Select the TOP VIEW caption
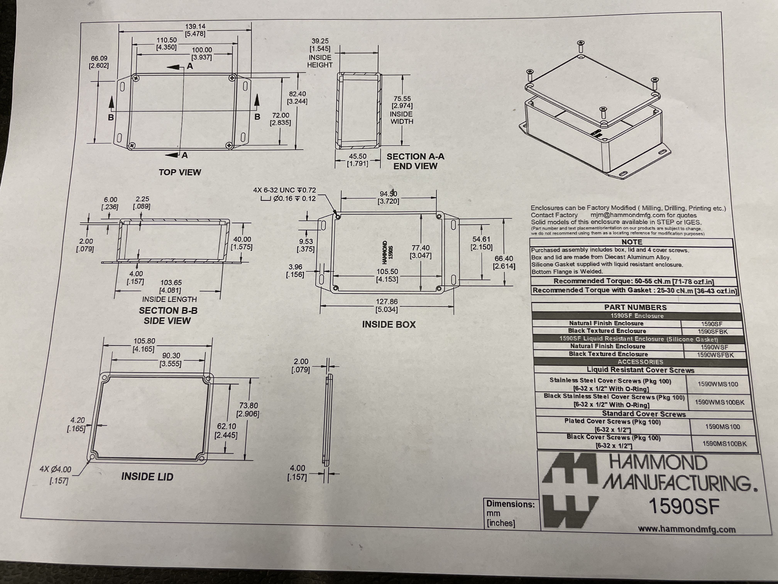(x=180, y=172)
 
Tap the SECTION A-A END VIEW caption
(x=415, y=161)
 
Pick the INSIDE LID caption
(x=147, y=477)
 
